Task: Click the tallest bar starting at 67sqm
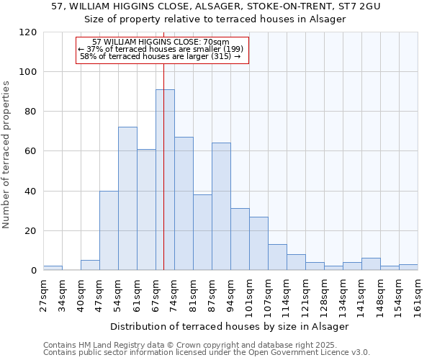[x=165, y=180]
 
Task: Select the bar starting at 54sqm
[x=127, y=199]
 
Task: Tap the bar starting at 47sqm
[x=109, y=230]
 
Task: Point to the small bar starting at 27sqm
[x=53, y=268]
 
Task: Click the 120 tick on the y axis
[x=28, y=32]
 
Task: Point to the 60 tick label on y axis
[x=31, y=151]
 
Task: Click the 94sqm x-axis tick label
[x=230, y=293]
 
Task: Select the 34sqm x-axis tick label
[x=62, y=293]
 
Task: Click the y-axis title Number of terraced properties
[x=7, y=155]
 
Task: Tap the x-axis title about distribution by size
[x=230, y=326]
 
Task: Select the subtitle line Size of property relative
[x=215, y=19]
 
